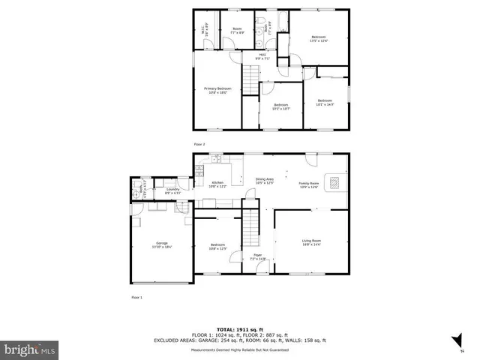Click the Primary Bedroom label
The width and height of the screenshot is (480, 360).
pos(218,90)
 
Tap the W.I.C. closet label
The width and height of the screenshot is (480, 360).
pos(202,31)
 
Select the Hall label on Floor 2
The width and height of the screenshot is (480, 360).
pos(263,55)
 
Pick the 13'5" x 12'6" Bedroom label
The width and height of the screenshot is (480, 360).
pos(319,39)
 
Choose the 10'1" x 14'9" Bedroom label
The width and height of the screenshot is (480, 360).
pos(324,102)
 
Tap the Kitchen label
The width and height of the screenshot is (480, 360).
pos(217,184)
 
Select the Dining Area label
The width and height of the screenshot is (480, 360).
pos(264,181)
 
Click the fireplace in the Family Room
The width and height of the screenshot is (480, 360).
pos(336,181)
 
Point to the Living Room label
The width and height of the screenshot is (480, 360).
pos(311,242)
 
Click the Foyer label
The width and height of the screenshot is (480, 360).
pos(257,257)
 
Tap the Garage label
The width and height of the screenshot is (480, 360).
pos(162,244)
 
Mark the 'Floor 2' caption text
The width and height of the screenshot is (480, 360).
pos(199,144)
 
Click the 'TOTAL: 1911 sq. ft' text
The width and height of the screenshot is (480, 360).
pos(239,329)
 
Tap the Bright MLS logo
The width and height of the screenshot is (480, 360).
pos(28,349)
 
